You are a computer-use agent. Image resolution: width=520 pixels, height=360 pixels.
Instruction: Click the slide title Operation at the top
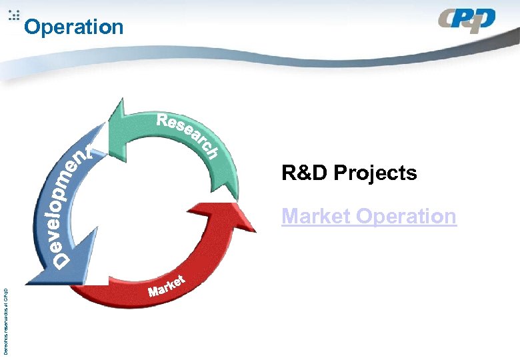(x=73, y=27)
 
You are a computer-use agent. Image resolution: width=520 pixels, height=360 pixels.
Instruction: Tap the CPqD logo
(x=467, y=21)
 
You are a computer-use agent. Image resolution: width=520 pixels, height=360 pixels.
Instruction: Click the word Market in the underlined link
(x=316, y=216)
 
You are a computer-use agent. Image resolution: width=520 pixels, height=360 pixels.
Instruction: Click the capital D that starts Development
(x=61, y=262)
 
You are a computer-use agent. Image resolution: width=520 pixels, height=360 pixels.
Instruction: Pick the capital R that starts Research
(x=164, y=121)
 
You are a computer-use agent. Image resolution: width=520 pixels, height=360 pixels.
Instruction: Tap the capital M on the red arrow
(x=154, y=291)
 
